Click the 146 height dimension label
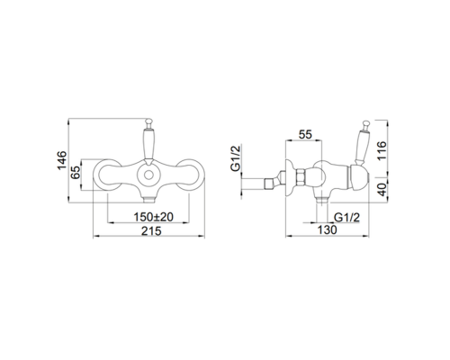pos(62,160)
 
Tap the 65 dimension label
pos(76,172)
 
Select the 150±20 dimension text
pos(153,217)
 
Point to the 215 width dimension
pos(151,231)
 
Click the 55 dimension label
pos(305,134)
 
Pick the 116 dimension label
pos(382,151)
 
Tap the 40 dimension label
pos(382,190)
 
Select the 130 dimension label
pos(327,230)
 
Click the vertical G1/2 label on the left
pos(236,158)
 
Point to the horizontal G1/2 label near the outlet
pos(346,217)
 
